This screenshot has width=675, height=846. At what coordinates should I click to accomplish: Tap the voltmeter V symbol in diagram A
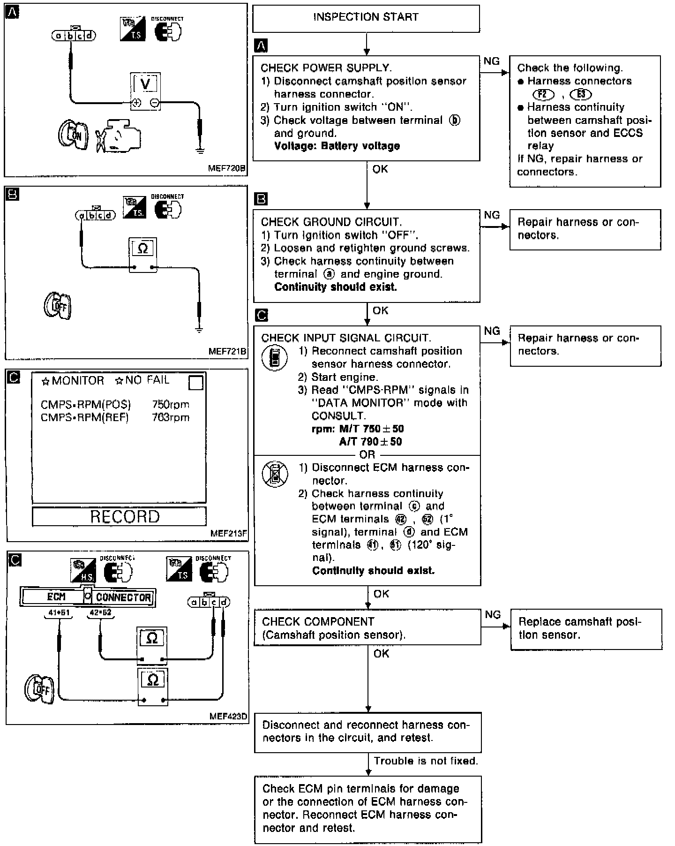coord(145,84)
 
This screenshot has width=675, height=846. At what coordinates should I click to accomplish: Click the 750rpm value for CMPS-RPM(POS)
coord(171,405)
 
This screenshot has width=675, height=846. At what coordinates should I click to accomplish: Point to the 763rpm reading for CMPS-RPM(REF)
coord(171,417)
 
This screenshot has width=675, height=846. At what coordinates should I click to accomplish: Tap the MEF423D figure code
coord(228,717)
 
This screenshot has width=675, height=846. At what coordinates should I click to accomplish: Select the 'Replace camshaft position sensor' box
coord(586,629)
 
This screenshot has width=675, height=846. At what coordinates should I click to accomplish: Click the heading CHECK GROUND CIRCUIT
coord(331,222)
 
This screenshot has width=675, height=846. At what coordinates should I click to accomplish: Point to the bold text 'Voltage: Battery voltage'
coord(337,146)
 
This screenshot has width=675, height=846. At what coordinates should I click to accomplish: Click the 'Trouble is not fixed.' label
coord(426,761)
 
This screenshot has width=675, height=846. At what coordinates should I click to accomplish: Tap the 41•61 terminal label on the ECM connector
coord(58,613)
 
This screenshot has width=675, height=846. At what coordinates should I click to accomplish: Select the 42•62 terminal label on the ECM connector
coord(101,613)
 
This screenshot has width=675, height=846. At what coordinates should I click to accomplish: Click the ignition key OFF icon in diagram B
coord(57,306)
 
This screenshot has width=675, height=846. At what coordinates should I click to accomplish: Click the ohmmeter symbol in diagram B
coord(143,249)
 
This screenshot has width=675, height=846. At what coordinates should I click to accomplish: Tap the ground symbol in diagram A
coord(200,150)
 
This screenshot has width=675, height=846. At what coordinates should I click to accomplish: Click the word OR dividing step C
coord(367,454)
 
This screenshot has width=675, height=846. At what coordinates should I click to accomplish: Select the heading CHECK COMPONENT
coord(318,622)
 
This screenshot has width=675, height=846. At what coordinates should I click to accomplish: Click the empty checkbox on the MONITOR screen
coord(195,383)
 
